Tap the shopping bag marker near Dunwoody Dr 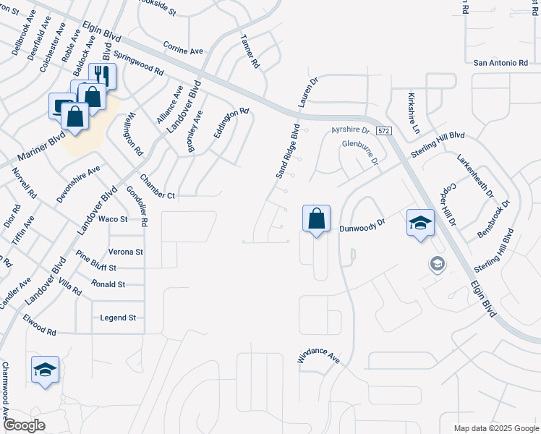(316, 218)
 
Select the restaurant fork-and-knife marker (102, 75)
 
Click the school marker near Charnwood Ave (45, 370)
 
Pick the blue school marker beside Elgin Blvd (420, 223)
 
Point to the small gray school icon (437, 264)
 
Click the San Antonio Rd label (500, 63)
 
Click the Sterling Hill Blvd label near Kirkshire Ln (438, 141)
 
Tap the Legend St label (118, 318)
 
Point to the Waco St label (113, 218)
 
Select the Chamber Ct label (158, 187)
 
